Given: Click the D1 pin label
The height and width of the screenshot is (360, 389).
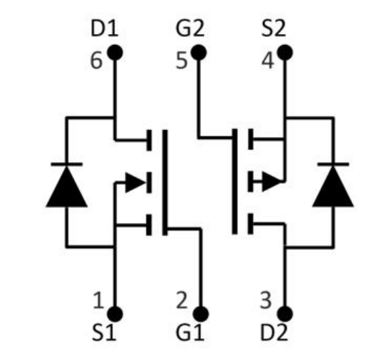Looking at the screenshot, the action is (x=104, y=29).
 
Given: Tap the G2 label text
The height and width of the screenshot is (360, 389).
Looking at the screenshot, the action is (x=190, y=29).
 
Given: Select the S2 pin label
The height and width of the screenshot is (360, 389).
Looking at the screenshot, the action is (x=274, y=29).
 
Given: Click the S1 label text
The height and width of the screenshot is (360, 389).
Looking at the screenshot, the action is (x=104, y=333).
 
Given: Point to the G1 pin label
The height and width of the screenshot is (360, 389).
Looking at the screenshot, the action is (x=190, y=333).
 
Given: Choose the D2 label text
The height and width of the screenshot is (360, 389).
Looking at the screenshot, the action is (x=274, y=333).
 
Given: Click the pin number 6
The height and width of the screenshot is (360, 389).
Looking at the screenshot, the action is (x=96, y=61).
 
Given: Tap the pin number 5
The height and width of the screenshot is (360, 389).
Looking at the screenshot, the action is (x=182, y=61).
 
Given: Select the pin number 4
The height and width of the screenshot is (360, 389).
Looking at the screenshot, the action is (x=268, y=61).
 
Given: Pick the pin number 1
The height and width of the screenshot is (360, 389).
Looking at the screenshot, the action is (x=99, y=300).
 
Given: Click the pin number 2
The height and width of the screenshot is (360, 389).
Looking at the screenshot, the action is (x=182, y=300).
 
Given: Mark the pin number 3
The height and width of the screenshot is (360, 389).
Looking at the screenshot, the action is (x=266, y=300).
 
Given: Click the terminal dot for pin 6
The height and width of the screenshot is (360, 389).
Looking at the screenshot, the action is (x=114, y=52).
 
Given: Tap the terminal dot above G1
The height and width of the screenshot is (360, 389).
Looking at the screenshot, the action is (x=201, y=314).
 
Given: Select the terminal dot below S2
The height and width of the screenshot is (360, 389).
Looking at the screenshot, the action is (x=285, y=52).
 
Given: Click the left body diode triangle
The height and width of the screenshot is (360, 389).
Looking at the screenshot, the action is (x=67, y=186).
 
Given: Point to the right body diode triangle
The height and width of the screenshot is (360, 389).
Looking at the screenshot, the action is (x=333, y=186).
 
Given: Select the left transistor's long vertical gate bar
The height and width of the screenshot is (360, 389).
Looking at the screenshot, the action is (x=165, y=182).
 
